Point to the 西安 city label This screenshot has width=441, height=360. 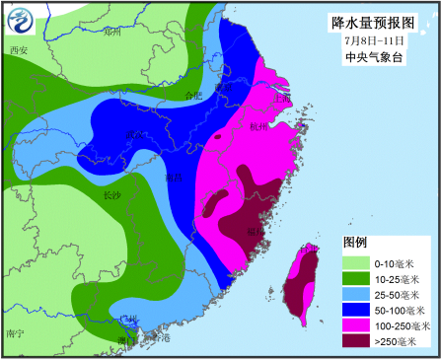click(18, 50)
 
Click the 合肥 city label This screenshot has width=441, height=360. click(193, 95)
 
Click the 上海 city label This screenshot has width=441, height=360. click(283, 98)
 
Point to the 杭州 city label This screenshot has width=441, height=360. click(259, 126)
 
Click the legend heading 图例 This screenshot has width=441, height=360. click(354, 242)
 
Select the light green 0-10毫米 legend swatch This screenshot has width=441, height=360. click(355, 263)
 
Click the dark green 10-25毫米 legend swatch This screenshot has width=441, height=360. click(355, 279)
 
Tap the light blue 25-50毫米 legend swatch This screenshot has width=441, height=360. click(355, 295)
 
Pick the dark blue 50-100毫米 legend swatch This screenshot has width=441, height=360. click(355, 311)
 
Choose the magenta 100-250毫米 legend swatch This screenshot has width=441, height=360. click(355, 326)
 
